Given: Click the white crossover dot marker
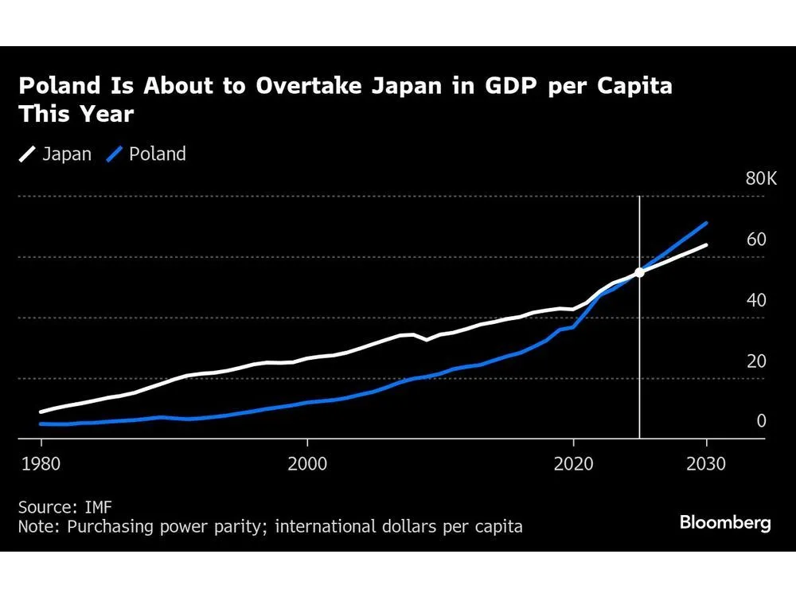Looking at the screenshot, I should click(639, 273).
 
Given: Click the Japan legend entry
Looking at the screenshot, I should click(56, 154).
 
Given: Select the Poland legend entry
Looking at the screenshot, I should click(147, 154).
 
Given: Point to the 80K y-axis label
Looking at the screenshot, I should click(760, 178).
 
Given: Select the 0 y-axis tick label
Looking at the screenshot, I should click(761, 421).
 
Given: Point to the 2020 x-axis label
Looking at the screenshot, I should click(573, 464).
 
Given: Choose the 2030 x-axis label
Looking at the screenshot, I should click(706, 464).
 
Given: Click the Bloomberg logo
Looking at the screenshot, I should click(725, 523).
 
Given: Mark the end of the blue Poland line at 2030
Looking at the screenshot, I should click(706, 223).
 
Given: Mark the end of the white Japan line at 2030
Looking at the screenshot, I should click(706, 245).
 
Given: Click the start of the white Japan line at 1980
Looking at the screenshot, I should click(41, 412).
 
